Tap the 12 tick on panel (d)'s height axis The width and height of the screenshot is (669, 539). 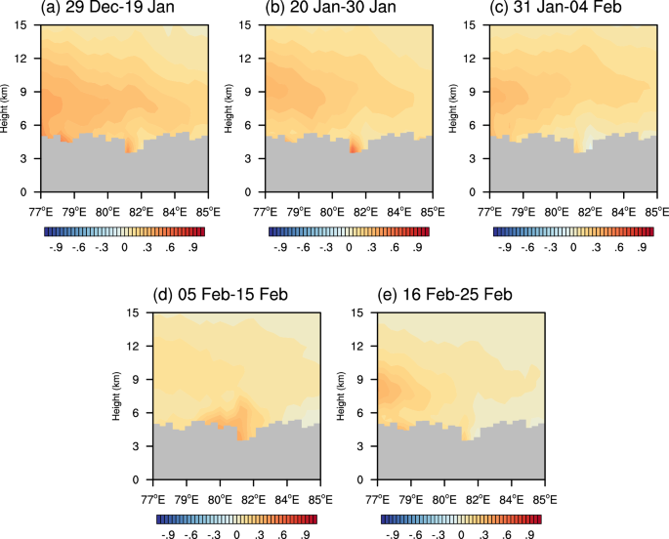click(x=141, y=346)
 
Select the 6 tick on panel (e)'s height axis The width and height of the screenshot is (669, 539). click(x=368, y=413)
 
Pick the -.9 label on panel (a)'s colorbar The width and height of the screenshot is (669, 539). click(x=57, y=247)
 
